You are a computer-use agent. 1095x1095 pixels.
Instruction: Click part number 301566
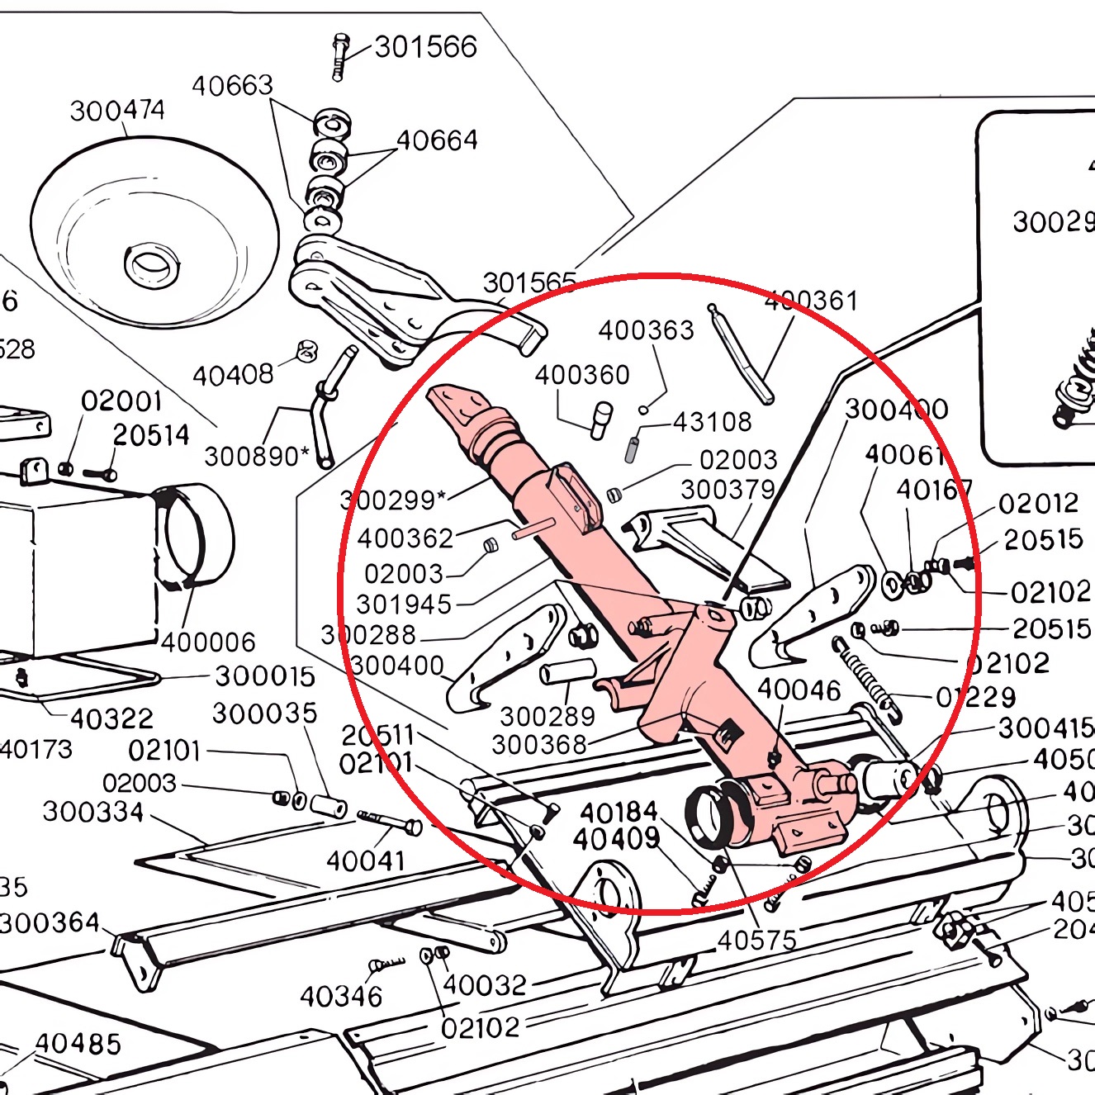click(425, 47)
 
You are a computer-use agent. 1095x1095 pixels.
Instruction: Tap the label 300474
click(117, 110)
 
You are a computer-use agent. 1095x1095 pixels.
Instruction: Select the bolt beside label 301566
click(339, 57)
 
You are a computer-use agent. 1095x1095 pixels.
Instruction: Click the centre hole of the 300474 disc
click(151, 264)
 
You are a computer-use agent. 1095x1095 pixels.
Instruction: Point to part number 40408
click(232, 376)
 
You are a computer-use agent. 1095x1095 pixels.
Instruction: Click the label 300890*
click(257, 456)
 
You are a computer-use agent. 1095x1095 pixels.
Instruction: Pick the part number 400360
click(581, 375)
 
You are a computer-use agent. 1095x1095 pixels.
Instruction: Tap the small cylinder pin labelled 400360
click(601, 420)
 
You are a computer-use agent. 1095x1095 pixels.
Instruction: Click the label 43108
click(712, 422)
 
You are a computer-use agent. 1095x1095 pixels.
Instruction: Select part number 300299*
click(393, 500)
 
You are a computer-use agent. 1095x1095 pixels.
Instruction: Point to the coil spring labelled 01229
click(864, 674)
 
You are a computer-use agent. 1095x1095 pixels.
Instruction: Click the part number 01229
click(975, 698)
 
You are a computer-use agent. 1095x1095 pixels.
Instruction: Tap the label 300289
click(547, 716)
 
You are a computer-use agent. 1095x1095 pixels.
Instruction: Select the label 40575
click(756, 940)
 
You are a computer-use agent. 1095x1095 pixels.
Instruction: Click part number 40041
click(365, 861)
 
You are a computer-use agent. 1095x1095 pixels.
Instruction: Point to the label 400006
click(208, 642)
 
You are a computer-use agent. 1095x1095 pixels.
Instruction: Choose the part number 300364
click(50, 922)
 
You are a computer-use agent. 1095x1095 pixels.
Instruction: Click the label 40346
click(340, 997)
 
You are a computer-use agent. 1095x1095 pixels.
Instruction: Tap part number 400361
click(811, 301)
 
